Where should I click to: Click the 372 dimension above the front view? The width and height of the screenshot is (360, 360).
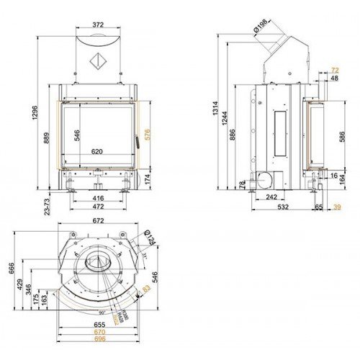[x=98, y=24]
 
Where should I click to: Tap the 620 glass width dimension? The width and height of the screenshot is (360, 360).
[x=98, y=152]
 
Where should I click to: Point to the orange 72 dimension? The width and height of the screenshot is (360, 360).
[x=334, y=70]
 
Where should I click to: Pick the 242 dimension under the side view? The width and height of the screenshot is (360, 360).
[x=271, y=197]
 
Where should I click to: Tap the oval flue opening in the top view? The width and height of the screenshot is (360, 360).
[x=95, y=264]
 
